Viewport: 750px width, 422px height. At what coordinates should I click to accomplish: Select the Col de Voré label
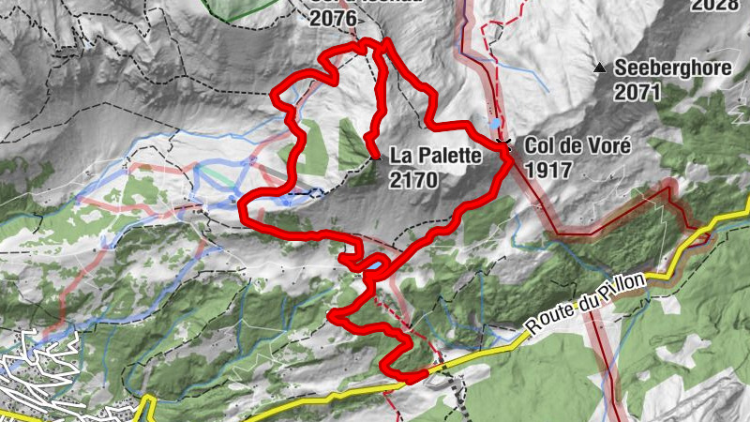576,147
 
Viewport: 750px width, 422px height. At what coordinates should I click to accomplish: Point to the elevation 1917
550,170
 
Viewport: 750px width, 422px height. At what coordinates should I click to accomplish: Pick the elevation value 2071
638,92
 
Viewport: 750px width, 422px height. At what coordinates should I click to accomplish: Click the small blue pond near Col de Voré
494,123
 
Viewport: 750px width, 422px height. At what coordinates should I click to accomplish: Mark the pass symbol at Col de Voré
503,142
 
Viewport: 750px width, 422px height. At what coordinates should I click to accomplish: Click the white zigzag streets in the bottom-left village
37,370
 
